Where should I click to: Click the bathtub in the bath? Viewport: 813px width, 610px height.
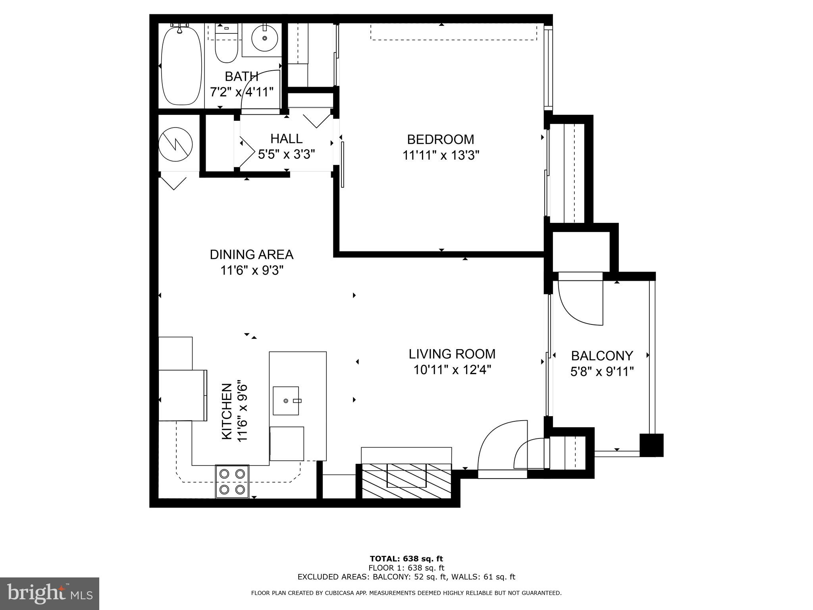pyautogui.click(x=181, y=66)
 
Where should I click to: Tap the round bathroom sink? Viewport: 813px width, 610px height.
pyautogui.click(x=264, y=39)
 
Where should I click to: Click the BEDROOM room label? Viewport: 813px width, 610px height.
pyautogui.click(x=440, y=139)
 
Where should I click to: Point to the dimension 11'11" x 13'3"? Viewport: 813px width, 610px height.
pyautogui.click(x=441, y=155)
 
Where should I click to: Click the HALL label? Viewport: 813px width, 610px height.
pyautogui.click(x=286, y=139)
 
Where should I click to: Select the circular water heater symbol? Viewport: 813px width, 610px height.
pyautogui.click(x=175, y=144)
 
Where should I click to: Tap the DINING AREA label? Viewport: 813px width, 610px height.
pyautogui.click(x=251, y=255)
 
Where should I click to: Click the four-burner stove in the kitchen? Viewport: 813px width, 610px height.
pyautogui.click(x=232, y=481)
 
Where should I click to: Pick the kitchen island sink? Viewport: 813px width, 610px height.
pyautogui.click(x=286, y=400)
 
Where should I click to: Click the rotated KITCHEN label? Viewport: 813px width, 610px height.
pyautogui.click(x=227, y=411)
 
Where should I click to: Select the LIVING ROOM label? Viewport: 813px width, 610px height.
pyautogui.click(x=452, y=354)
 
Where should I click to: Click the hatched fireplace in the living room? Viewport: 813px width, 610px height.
pyautogui.click(x=406, y=481)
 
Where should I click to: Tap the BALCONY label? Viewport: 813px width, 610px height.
pyautogui.click(x=602, y=355)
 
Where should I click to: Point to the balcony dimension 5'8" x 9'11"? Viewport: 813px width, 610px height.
pyautogui.click(x=602, y=372)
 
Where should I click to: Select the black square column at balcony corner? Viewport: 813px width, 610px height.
pyautogui.click(x=651, y=445)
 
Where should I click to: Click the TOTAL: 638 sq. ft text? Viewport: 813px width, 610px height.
pyautogui.click(x=406, y=559)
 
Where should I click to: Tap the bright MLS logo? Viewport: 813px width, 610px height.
pyautogui.click(x=50, y=593)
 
